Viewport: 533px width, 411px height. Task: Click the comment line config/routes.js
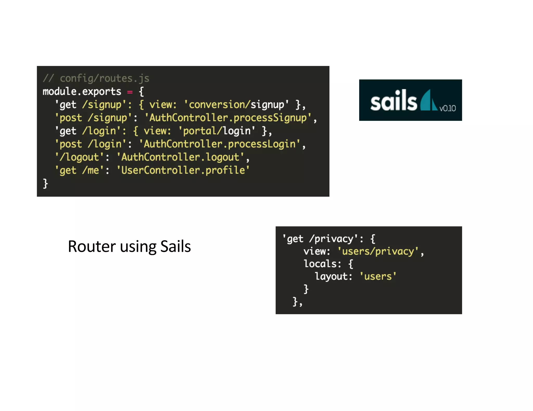[96, 78]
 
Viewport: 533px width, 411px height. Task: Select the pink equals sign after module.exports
[130, 92]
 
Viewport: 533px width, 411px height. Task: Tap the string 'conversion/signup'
[236, 105]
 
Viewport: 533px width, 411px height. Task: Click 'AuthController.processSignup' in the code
[228, 118]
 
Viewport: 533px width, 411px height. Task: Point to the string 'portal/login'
[217, 131]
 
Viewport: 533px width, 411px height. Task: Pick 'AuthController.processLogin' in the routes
[220, 144]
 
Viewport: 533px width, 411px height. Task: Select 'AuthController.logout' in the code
[180, 157]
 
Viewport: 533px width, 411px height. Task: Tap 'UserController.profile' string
[183, 170]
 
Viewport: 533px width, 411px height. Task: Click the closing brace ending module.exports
[46, 183]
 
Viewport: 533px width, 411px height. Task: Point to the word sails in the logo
[393, 101]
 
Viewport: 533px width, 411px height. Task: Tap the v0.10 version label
[447, 108]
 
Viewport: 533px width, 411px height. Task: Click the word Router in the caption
[92, 246]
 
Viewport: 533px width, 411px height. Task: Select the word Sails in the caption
[175, 246]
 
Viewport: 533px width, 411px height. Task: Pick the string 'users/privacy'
[378, 251]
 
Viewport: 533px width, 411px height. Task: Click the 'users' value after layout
[378, 276]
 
